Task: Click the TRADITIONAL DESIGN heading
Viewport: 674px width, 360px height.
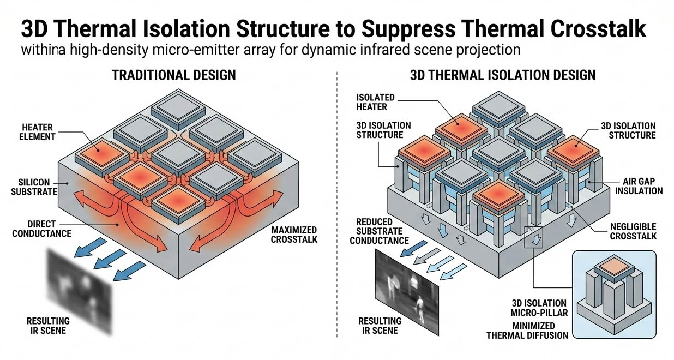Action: [173, 75]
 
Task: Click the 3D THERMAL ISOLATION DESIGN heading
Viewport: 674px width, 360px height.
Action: [503, 75]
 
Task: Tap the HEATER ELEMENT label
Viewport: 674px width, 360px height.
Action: [39, 131]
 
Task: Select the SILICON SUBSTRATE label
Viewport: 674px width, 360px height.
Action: [34, 187]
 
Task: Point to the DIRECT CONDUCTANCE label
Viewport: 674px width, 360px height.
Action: [49, 229]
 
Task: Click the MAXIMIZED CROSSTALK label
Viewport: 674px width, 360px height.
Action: [294, 235]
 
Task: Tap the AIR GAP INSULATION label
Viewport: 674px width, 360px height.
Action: [642, 185]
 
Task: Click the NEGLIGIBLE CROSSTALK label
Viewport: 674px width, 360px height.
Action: [633, 231]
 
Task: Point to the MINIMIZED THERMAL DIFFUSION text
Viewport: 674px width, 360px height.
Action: [527, 330]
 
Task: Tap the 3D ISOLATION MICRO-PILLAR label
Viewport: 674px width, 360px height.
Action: [539, 308]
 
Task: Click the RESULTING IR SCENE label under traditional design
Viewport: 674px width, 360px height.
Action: [48, 326]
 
